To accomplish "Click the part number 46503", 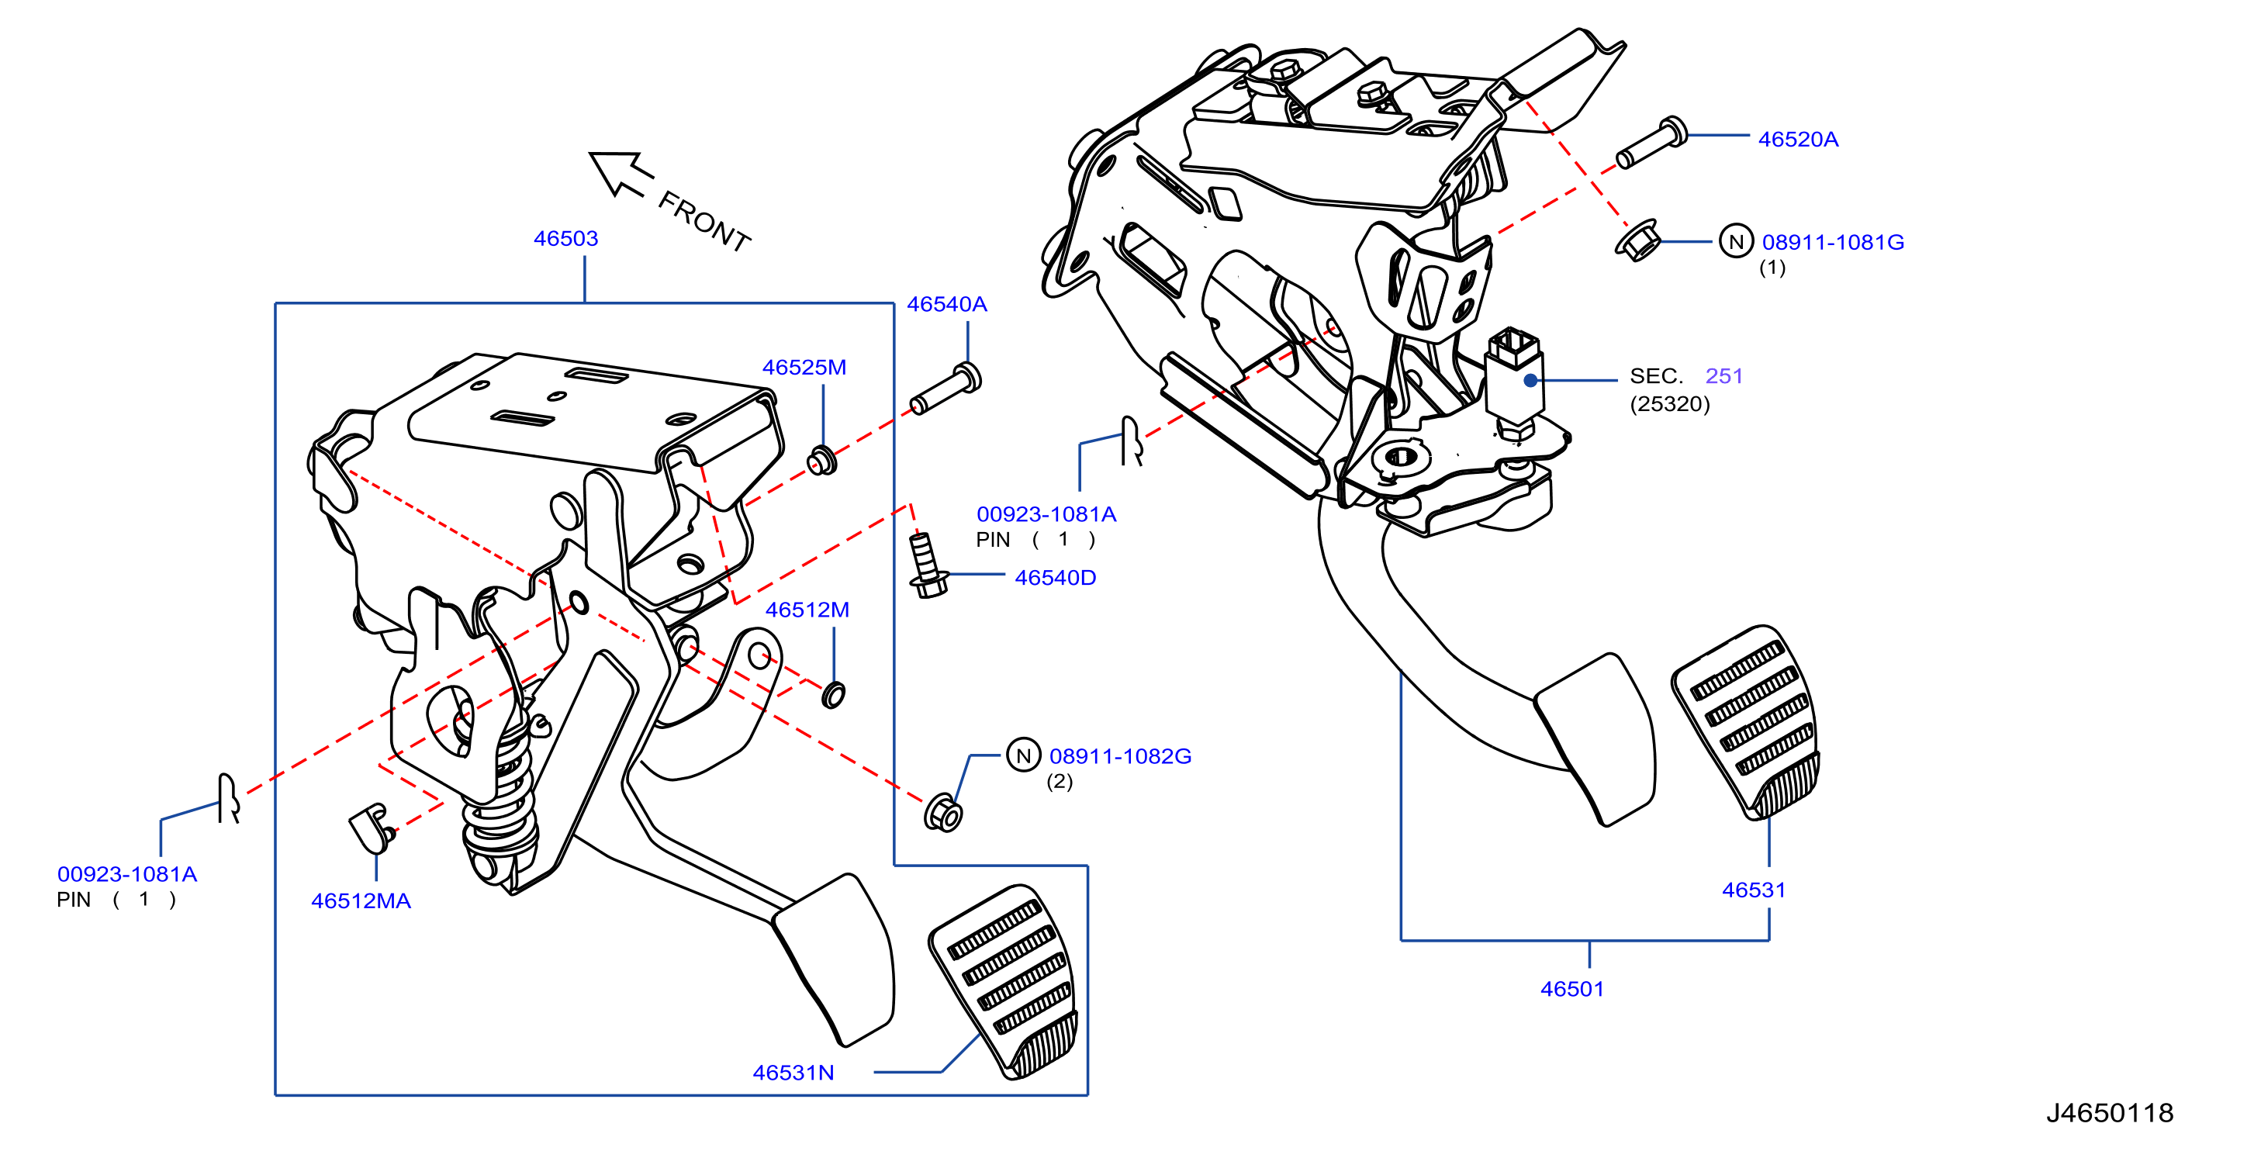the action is (x=565, y=238).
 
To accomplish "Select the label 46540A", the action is (x=946, y=304).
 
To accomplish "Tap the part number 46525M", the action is (x=804, y=367).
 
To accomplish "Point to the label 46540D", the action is (x=1055, y=578).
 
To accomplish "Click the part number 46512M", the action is (x=807, y=610).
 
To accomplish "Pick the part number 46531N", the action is (x=793, y=1073).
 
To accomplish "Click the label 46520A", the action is (x=1798, y=139).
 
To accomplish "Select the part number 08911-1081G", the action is (x=1833, y=242).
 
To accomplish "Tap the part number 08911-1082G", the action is (x=1120, y=756).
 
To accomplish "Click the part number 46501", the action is (x=1572, y=989).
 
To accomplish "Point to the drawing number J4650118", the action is (x=2110, y=1113).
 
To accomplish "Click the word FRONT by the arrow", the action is (x=704, y=222).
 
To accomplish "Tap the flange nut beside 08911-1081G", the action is (x=1637, y=240).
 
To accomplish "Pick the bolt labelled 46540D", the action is (x=927, y=566).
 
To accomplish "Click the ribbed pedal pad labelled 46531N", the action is (x=1005, y=982).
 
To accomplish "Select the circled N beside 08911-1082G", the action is (x=1022, y=755).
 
